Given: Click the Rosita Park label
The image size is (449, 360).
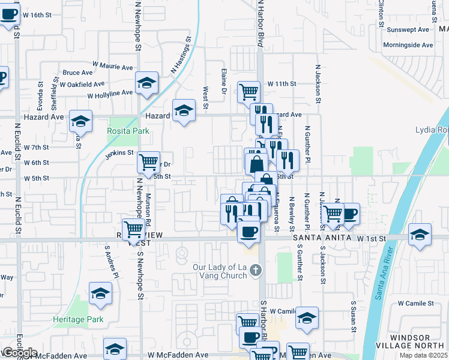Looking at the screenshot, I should click(x=128, y=131).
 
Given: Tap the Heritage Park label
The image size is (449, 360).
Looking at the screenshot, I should click(x=78, y=319).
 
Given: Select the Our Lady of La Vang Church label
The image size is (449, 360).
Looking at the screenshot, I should click(x=220, y=271).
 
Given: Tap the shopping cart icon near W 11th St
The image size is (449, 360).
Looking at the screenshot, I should click(x=249, y=91).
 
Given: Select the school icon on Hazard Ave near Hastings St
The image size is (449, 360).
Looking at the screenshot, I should click(x=184, y=110).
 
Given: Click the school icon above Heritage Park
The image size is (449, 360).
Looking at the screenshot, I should click(x=100, y=293).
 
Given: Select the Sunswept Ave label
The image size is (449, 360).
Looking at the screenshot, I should click(x=408, y=29).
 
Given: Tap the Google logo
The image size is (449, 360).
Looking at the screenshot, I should click(x=19, y=353).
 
